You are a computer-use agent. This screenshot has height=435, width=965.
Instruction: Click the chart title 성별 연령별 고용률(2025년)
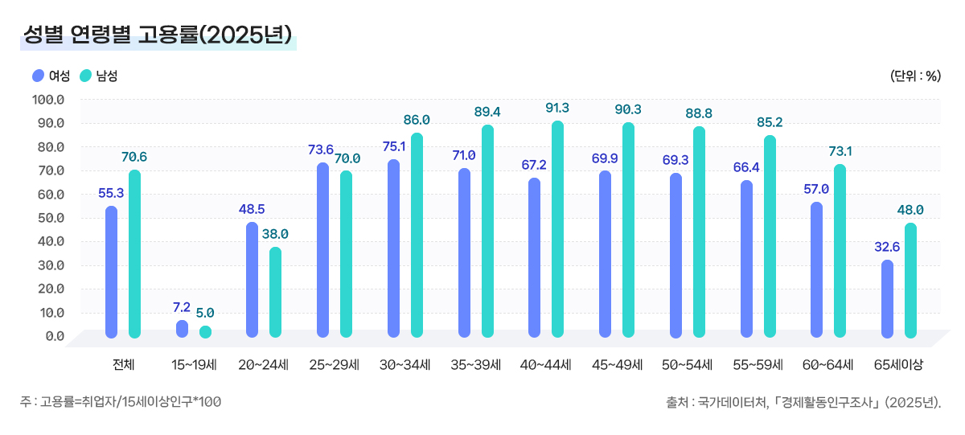[x=158, y=35]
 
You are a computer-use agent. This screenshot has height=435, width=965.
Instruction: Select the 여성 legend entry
[x=51, y=76]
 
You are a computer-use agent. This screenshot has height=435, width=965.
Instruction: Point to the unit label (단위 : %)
[x=915, y=76]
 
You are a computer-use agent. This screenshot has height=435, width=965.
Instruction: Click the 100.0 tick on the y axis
[x=48, y=100]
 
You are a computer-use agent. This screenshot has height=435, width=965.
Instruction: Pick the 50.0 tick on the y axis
[x=48, y=218]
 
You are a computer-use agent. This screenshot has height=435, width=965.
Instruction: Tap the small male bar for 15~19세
[x=205, y=331]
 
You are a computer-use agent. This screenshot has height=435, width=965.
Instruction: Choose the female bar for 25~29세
[x=322, y=250]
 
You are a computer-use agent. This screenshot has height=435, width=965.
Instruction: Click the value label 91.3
[x=556, y=108]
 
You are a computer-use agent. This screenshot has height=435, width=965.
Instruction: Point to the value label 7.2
[x=182, y=307]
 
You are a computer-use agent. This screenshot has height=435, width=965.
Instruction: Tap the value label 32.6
[x=887, y=247]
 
